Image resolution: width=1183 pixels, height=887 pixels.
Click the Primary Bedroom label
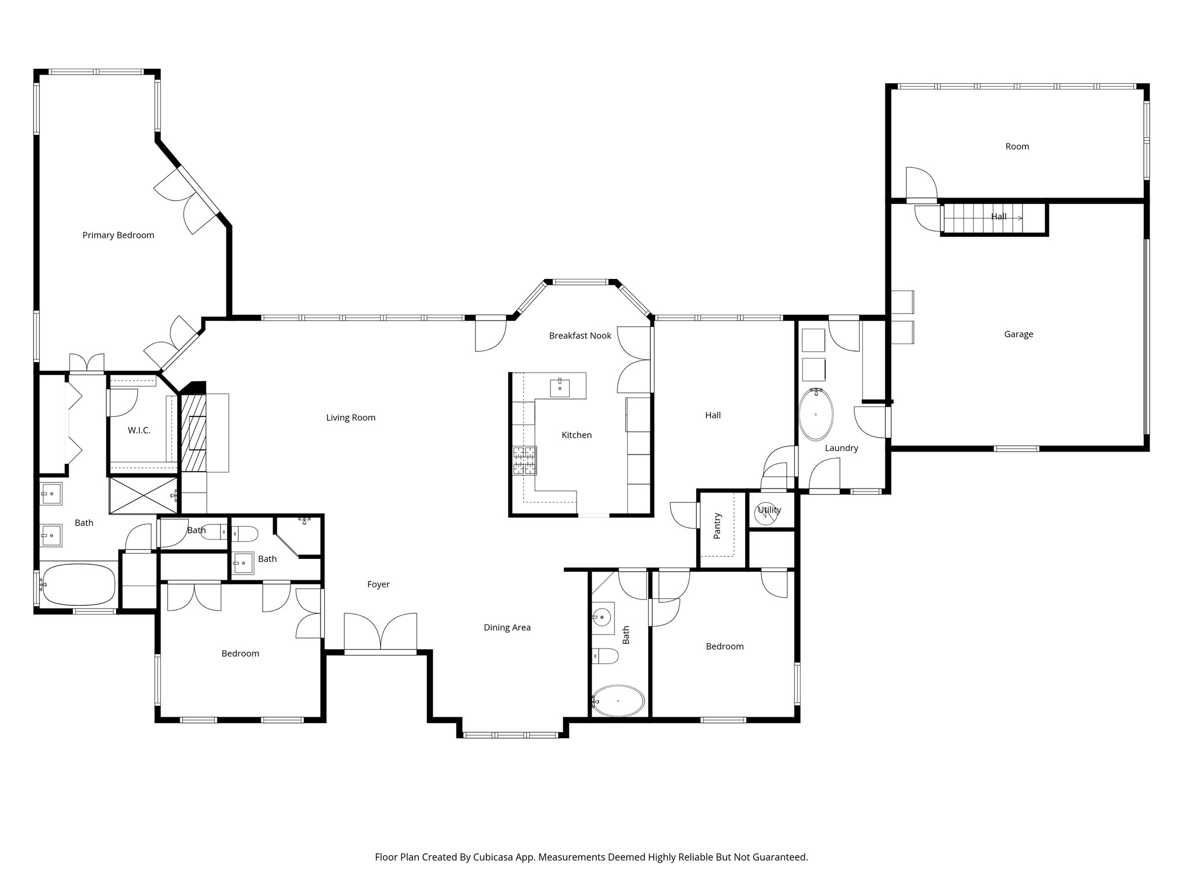click(118, 235)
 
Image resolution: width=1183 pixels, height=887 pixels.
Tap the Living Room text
click(351, 418)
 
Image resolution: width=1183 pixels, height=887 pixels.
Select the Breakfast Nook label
click(580, 336)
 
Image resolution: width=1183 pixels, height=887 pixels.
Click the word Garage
click(1018, 334)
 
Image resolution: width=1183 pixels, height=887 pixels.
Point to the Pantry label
click(717, 526)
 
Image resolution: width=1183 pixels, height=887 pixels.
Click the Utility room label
click(769, 510)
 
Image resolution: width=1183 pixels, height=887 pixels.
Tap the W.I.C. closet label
click(139, 430)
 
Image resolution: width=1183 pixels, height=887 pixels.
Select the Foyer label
click(378, 584)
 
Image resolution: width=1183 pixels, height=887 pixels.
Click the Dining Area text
click(507, 628)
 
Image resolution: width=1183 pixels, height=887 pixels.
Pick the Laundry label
click(841, 448)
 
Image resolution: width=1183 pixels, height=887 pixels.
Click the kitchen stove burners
click(524, 461)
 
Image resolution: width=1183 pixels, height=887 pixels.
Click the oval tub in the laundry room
click(816, 415)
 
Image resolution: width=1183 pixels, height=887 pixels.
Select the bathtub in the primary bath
click(79, 584)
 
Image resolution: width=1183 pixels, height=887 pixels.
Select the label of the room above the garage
click(1017, 147)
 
